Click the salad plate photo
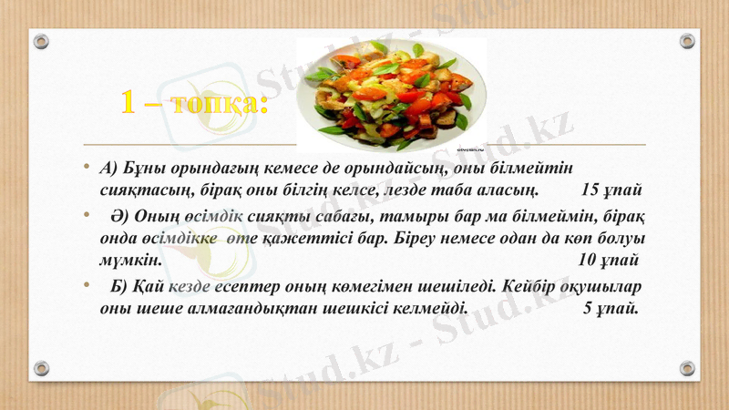(394, 94)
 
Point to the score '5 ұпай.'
(610, 307)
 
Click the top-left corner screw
(41, 42)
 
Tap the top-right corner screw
(687, 42)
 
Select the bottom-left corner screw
(41, 367)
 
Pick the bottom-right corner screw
(687, 367)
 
